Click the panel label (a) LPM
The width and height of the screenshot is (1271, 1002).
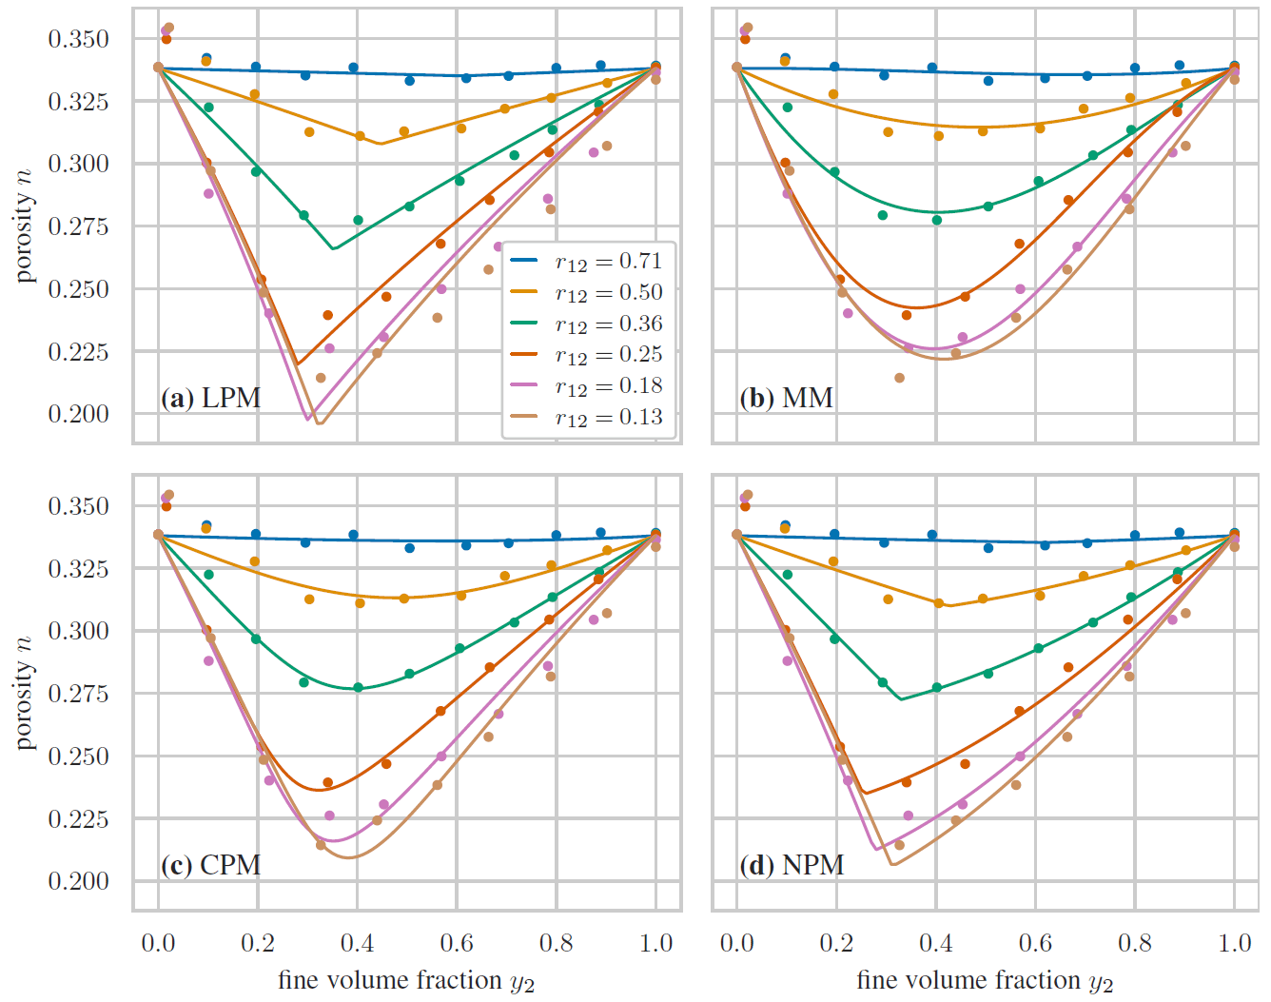(210, 398)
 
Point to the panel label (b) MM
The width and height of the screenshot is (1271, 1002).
(787, 398)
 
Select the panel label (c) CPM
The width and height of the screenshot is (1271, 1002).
(210, 865)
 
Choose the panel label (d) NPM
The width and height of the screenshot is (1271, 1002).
(792, 865)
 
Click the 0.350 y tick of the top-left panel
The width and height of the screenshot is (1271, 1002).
(79, 39)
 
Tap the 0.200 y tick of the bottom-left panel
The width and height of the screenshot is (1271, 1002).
(79, 881)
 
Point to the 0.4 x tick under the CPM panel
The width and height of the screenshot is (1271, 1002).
(357, 943)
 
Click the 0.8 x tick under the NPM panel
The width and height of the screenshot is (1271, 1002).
(1135, 943)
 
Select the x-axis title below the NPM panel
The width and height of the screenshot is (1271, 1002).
(985, 981)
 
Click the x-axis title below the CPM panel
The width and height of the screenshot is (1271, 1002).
(406, 981)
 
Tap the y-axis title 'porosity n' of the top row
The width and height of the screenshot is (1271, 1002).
(24, 226)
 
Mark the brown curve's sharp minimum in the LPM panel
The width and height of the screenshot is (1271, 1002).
(319, 423)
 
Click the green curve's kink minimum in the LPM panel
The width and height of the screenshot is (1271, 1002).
(333, 249)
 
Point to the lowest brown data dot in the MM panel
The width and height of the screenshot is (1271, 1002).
(899, 378)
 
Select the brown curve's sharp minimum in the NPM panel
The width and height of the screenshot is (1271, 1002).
(892, 864)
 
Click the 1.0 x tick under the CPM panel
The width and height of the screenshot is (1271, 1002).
(655, 943)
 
